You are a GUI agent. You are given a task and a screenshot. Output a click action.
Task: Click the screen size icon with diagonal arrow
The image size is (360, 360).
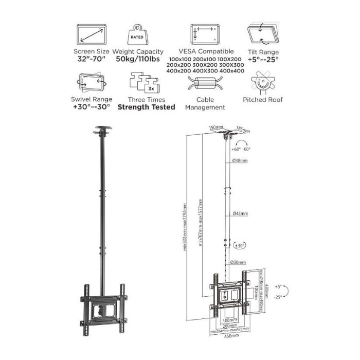93,35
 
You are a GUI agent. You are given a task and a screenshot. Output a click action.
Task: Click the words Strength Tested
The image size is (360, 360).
147,107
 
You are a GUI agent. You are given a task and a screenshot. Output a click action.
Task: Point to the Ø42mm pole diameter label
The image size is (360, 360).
239,212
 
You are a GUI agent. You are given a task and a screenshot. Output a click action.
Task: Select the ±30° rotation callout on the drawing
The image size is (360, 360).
238,246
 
